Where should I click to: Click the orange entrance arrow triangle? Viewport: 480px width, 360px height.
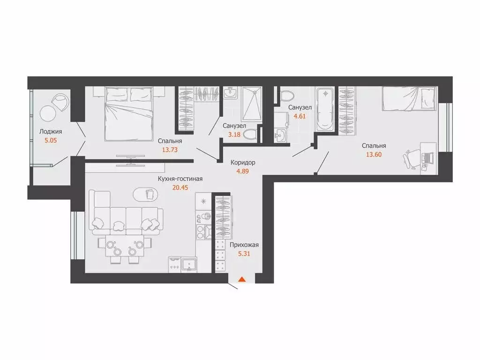(x=242, y=280)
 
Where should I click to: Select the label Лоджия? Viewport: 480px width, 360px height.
(x=51, y=132)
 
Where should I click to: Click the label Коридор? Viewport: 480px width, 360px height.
(x=243, y=162)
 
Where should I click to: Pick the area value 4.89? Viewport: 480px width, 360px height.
(x=243, y=171)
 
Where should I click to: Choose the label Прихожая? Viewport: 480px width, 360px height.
(x=244, y=244)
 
